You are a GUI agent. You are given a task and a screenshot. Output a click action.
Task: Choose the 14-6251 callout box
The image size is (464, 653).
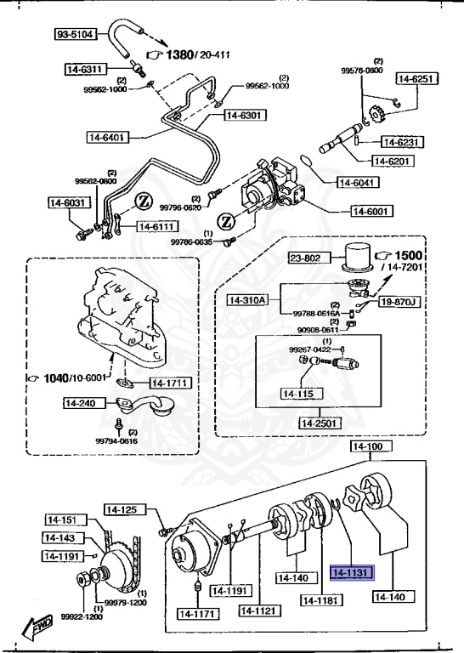pos(416,78)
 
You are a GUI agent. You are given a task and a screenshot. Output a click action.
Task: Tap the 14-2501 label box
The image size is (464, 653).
pos(320,423)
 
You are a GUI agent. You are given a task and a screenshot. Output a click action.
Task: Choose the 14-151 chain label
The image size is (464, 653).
pos(61,520)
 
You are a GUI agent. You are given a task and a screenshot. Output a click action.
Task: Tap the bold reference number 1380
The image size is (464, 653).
pos(179,55)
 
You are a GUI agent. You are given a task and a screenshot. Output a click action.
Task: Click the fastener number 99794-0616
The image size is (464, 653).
pos(117,441)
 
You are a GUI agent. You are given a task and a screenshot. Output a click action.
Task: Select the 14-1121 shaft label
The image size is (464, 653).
pos(258,611)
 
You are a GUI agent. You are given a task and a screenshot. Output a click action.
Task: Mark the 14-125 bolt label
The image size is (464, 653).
pos(122,509)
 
